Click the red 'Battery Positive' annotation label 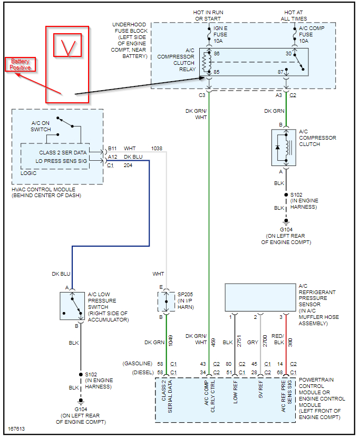[21, 65]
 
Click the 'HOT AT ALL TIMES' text [293, 15]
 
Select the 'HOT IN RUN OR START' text [209, 15]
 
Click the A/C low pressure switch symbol [72, 306]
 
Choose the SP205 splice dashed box [166, 301]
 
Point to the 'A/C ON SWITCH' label [41, 126]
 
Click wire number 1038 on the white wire [157, 149]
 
